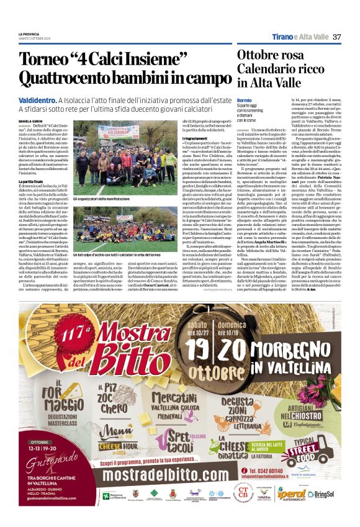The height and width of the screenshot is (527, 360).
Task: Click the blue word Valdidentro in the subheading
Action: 37,100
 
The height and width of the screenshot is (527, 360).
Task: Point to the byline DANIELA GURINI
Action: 31,122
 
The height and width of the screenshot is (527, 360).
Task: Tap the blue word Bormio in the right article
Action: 244,100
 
